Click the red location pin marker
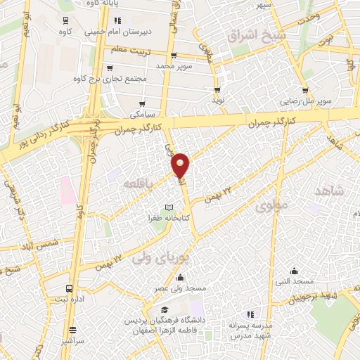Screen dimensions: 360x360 pos(181,165)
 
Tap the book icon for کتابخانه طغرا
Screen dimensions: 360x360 pos(168,207)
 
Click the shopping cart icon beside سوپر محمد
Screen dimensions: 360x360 pos(172,56)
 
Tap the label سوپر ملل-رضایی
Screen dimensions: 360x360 pos(305,101)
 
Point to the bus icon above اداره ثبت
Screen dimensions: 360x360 pos(69,288)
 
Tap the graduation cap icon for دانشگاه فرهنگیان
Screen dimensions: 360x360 pos(164,310)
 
